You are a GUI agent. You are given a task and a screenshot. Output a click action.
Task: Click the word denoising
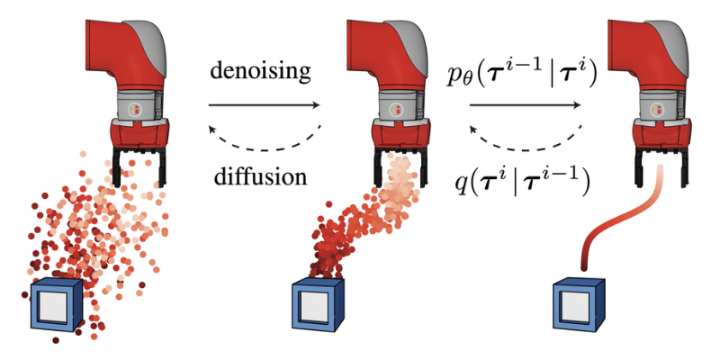click(x=263, y=71)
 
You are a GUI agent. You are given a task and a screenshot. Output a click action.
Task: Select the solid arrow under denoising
click(x=263, y=105)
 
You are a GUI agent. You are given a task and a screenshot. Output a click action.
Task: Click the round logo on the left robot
click(x=136, y=110)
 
